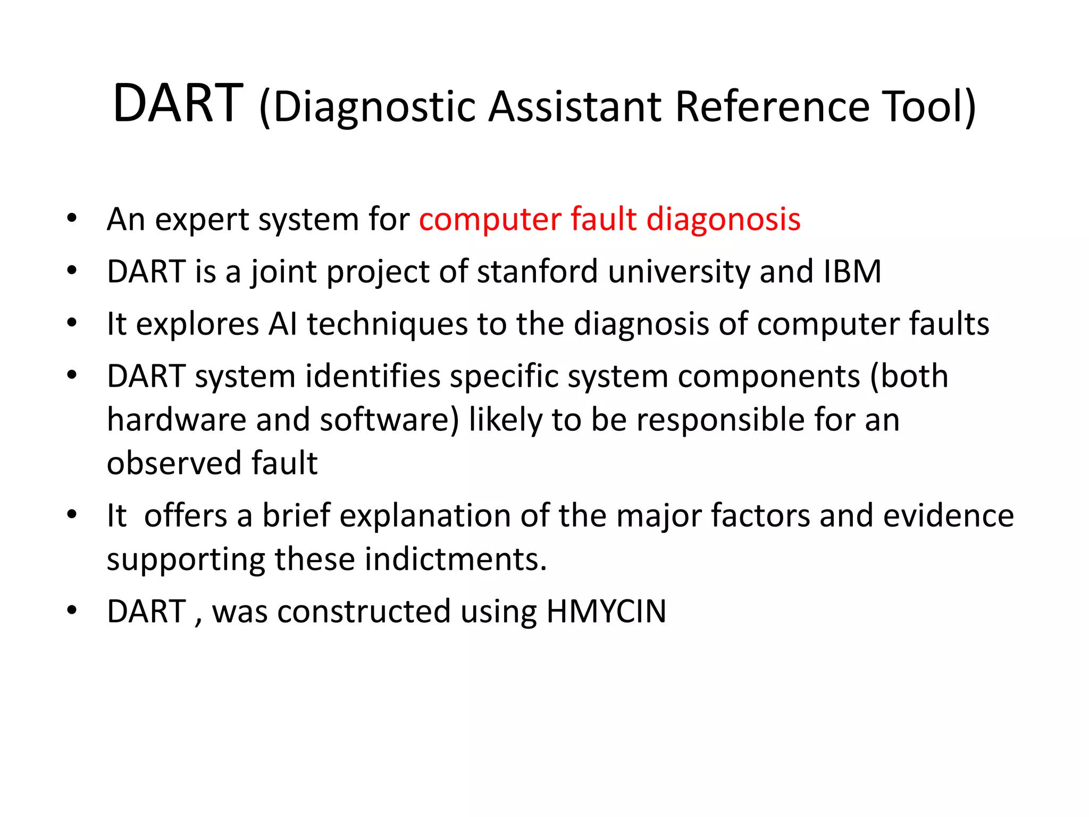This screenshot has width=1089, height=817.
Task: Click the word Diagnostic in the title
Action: [374, 107]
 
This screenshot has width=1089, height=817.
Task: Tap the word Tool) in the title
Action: [928, 106]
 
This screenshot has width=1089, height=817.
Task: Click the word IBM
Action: [852, 271]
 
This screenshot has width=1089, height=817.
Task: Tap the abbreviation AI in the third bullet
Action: [283, 324]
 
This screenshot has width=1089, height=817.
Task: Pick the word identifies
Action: [373, 376]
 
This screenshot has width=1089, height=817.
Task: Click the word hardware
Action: [177, 420]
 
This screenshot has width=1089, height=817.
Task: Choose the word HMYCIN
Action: [606, 611]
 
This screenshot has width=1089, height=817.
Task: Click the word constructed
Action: [364, 611]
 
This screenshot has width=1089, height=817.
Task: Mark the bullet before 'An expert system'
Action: [72, 218]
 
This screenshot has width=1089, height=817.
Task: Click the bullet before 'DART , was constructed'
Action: [72, 610]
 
